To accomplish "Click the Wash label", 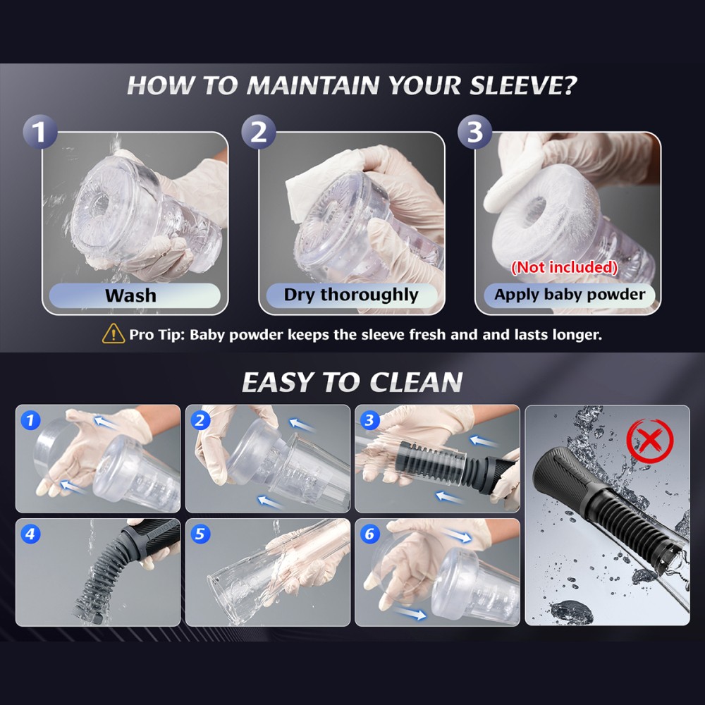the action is pyautogui.click(x=131, y=295).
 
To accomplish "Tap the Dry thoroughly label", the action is pyautogui.click(x=351, y=295).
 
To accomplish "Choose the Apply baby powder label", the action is pyautogui.click(x=570, y=295).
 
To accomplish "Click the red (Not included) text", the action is pyautogui.click(x=564, y=267).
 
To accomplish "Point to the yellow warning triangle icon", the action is pyautogui.click(x=114, y=334).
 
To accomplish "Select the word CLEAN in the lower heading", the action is pyautogui.click(x=416, y=383).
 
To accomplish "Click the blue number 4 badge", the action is pyautogui.click(x=30, y=534).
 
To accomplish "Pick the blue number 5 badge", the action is pyautogui.click(x=200, y=534).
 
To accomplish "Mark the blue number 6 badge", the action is pyautogui.click(x=369, y=534).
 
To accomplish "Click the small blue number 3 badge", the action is pyautogui.click(x=369, y=420).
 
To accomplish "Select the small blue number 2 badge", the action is pyautogui.click(x=200, y=420).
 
